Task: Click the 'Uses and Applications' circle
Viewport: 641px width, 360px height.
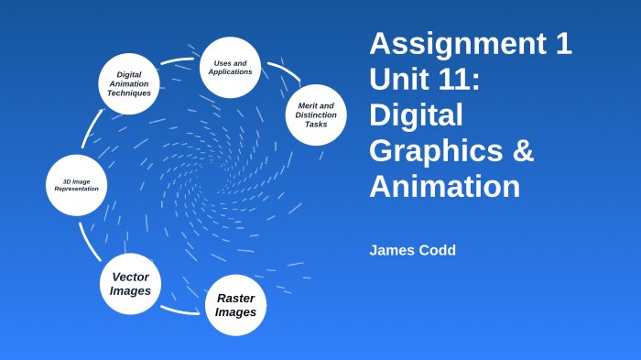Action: pyautogui.click(x=230, y=67)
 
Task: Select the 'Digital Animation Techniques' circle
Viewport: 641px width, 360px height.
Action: pyautogui.click(x=129, y=83)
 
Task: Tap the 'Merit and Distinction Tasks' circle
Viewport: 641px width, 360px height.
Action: pyautogui.click(x=316, y=115)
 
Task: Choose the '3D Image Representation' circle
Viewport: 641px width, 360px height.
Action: pyautogui.click(x=76, y=185)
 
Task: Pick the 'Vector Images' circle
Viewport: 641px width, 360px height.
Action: pyautogui.click(x=130, y=284)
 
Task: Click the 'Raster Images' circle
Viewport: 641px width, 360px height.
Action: pyautogui.click(x=235, y=305)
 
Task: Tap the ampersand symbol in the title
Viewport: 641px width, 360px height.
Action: pyautogui.click(x=523, y=151)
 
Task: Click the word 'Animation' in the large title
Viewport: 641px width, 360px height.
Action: pyautogui.click(x=444, y=186)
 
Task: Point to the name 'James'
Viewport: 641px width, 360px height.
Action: pyautogui.click(x=393, y=250)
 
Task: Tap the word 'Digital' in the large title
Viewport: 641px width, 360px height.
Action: pyautogui.click(x=416, y=115)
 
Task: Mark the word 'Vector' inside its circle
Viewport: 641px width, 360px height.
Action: pyautogui.click(x=130, y=277)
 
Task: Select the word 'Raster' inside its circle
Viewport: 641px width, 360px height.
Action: pyautogui.click(x=235, y=298)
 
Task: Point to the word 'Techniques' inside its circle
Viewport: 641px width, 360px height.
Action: pyautogui.click(x=129, y=93)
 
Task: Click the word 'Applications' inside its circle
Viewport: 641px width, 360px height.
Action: pyautogui.click(x=230, y=71)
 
